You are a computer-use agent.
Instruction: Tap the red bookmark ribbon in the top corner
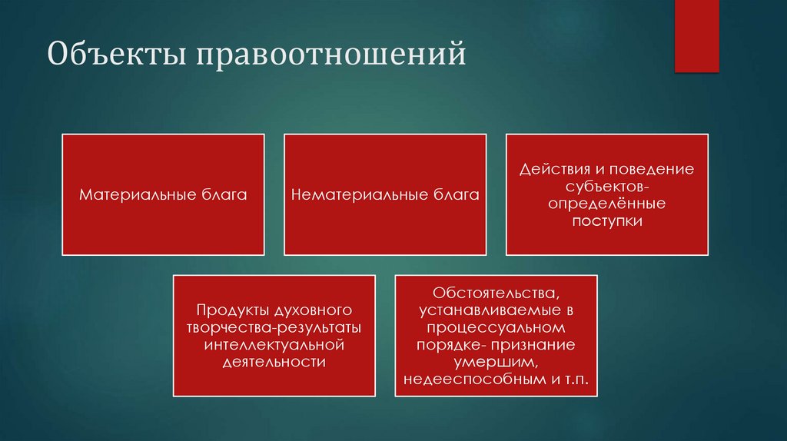click(x=696, y=35)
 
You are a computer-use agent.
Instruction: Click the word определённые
click(x=607, y=204)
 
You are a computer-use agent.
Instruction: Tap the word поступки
click(x=606, y=221)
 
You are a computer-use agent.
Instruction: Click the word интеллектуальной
click(x=274, y=345)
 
